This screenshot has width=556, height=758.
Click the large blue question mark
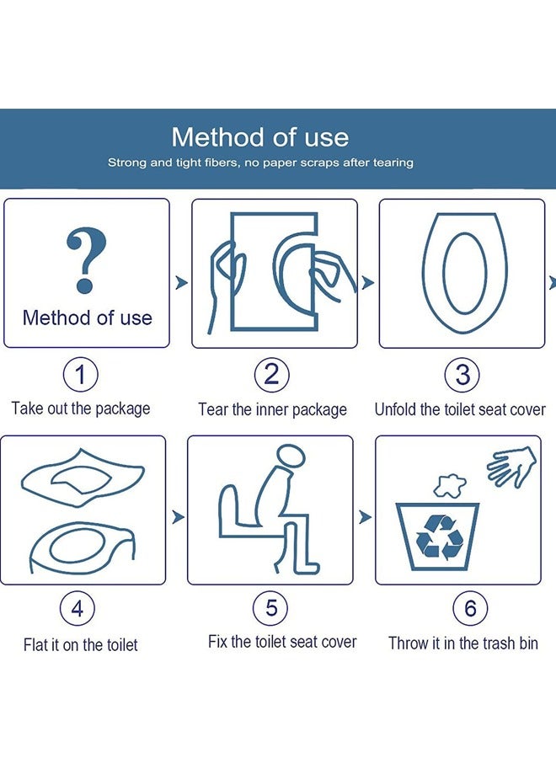pyautogui.click(x=86, y=260)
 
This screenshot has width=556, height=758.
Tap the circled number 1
pyautogui.click(x=81, y=374)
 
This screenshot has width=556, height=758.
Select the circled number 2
pyautogui.click(x=271, y=374)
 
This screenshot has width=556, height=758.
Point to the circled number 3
pyautogui.click(x=462, y=374)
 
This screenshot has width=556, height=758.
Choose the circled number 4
pyautogui.click(x=78, y=608)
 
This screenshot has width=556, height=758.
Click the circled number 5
pyautogui.click(x=271, y=608)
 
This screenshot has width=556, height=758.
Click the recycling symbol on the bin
pyautogui.click(x=438, y=537)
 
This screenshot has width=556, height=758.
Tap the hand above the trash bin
pyautogui.click(x=512, y=465)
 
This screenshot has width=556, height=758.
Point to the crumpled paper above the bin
pyautogui.click(x=449, y=486)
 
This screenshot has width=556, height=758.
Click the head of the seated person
pyautogui.click(x=291, y=457)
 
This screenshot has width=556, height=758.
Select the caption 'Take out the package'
pyautogui.click(x=81, y=408)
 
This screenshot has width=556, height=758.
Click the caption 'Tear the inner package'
pyautogui.click(x=272, y=410)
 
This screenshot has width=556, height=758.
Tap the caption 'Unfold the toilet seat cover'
pyautogui.click(x=460, y=410)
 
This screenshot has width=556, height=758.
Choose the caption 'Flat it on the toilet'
pyautogui.click(x=80, y=645)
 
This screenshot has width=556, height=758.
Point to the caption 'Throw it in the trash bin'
pyautogui.click(x=462, y=643)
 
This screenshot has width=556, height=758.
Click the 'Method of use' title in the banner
pyautogui.click(x=259, y=137)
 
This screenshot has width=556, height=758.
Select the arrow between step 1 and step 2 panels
pyautogui.click(x=181, y=283)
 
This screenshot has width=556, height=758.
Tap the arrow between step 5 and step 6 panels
pyautogui.click(x=365, y=516)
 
